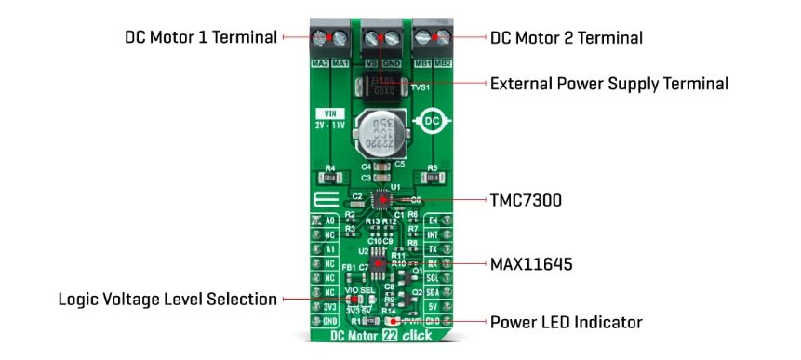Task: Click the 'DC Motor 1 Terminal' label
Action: click(x=201, y=38)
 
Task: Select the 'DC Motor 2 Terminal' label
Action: click(x=567, y=38)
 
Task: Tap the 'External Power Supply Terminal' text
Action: click(x=609, y=84)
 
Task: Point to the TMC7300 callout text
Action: click(x=527, y=200)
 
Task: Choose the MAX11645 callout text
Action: click(x=529, y=264)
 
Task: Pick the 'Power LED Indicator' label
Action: click(x=567, y=323)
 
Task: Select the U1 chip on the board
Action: click(x=380, y=199)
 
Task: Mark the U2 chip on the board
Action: click(x=380, y=264)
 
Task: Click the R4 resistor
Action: click(x=328, y=178)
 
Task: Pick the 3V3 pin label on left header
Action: click(x=328, y=305)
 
